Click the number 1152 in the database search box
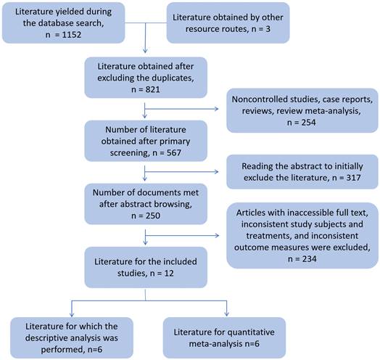tap(72, 35)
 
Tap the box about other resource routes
tap(228, 23)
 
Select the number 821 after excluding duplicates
tap(153, 89)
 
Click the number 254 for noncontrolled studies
tap(308, 122)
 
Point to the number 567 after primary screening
tap(174, 153)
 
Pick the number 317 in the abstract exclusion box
tap(353, 178)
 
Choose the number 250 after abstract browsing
tap(153, 216)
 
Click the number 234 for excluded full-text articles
tap(309, 259)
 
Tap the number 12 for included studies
tap(169, 274)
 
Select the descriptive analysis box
tap(72, 337)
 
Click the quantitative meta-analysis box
tap(224, 337)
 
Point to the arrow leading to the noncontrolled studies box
tap(181, 109)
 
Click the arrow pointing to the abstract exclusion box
tap(181, 172)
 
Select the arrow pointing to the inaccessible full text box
tap(182, 235)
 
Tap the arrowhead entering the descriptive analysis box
tap(72, 314)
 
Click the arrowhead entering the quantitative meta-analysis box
tap(226, 314)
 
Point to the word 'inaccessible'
tap(310, 213)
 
